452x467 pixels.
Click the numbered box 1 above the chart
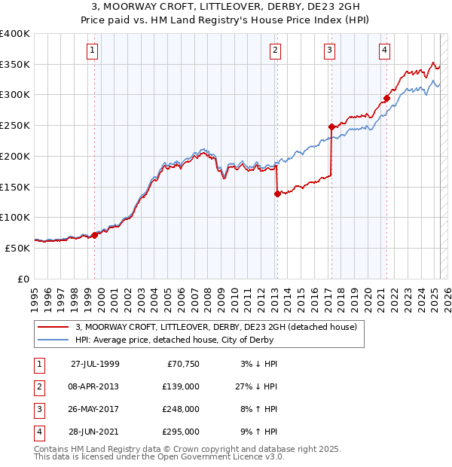(92, 50)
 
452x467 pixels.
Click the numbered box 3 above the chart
(330, 50)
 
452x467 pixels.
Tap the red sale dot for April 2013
(277, 194)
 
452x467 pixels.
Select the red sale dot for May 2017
(331, 127)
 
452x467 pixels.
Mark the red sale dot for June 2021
(386, 98)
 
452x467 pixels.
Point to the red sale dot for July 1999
(95, 235)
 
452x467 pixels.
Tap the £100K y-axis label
(15, 217)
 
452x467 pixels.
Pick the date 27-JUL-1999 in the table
(95, 364)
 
